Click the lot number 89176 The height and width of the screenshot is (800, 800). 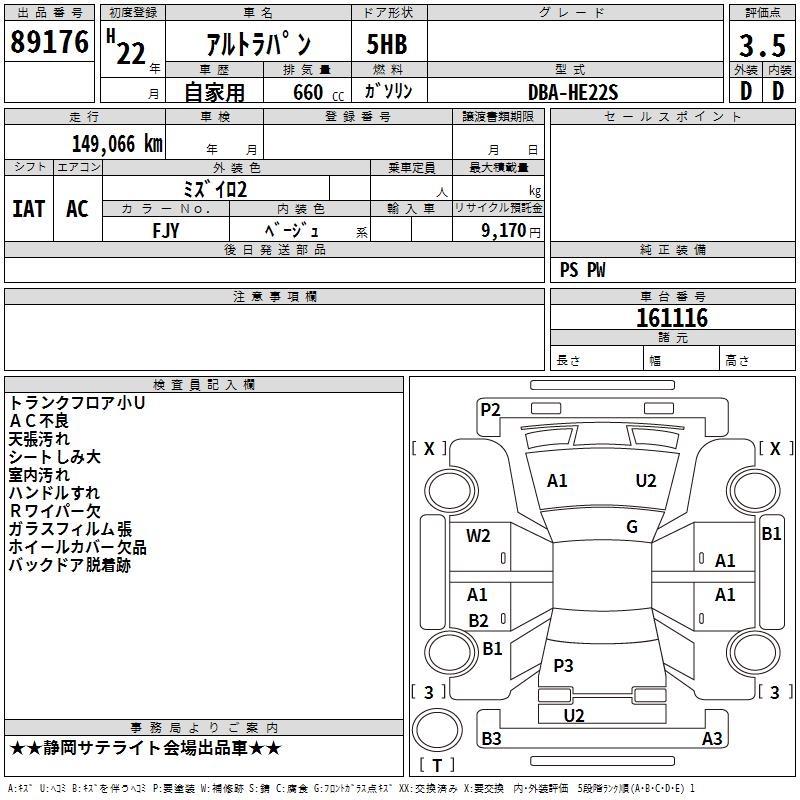click(x=49, y=42)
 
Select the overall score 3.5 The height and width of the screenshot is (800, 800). click(x=762, y=46)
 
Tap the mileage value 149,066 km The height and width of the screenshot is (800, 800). click(x=116, y=144)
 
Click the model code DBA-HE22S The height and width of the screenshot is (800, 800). click(x=573, y=92)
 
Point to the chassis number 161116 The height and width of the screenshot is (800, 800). click(x=672, y=318)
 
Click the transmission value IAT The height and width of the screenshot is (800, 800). click(x=29, y=209)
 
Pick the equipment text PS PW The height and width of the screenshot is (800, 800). click(x=583, y=270)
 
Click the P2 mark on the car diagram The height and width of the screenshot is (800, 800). click(x=490, y=408)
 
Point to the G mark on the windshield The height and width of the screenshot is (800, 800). click(x=632, y=527)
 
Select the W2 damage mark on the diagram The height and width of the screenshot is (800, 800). click(x=479, y=536)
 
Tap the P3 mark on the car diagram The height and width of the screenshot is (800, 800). click(x=563, y=665)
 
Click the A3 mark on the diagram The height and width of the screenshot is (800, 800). click(x=712, y=739)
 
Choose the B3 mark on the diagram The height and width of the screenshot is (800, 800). click(x=491, y=739)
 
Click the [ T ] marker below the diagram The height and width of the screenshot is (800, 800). click(x=436, y=765)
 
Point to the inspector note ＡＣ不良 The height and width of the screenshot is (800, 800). click(x=39, y=421)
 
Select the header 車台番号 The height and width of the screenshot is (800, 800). click(x=672, y=297)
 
